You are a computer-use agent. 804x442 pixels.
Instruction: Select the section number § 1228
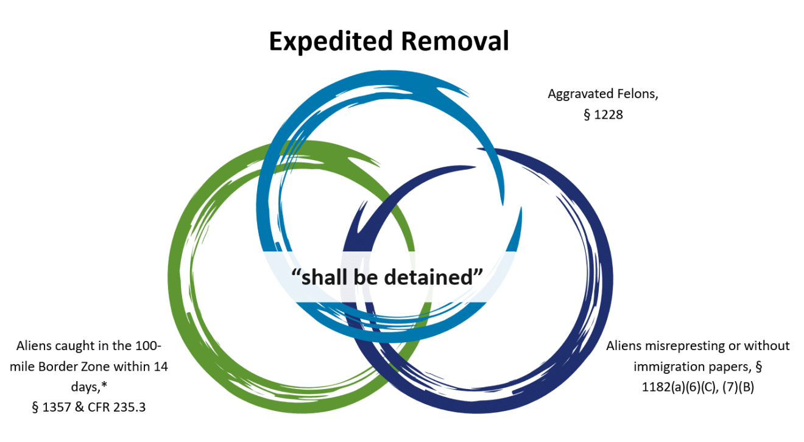tap(603, 114)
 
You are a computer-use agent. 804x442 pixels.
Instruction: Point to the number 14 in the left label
tap(161, 367)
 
